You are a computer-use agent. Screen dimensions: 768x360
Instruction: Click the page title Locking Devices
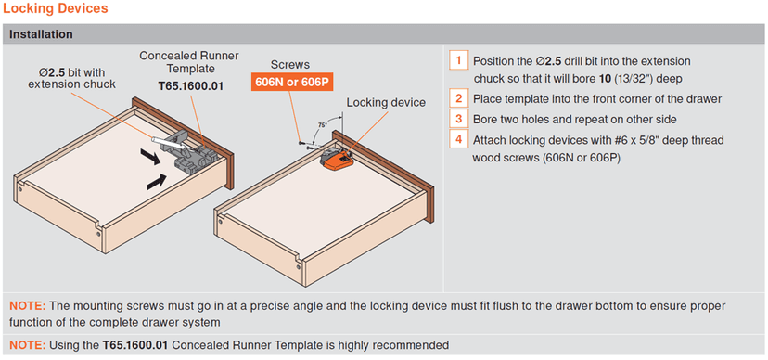56,9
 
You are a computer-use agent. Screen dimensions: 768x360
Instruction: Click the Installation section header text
41,34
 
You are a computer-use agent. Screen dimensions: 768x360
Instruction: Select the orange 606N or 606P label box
292,82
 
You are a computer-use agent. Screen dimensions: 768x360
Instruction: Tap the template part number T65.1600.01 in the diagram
190,86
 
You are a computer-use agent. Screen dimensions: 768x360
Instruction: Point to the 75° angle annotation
322,125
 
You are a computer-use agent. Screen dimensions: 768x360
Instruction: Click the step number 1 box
458,61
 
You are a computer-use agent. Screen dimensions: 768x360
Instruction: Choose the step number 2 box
458,98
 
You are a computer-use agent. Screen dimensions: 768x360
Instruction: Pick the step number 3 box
458,119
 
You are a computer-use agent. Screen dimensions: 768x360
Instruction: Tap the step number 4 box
458,139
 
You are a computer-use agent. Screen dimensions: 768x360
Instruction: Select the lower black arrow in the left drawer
156,183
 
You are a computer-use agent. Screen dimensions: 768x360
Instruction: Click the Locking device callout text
386,103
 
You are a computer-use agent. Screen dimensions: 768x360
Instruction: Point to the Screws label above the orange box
290,65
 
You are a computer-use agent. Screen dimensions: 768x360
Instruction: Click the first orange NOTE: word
28,306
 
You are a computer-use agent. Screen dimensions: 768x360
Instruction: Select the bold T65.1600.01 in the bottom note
135,345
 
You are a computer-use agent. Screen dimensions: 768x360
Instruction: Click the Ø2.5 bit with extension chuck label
72,78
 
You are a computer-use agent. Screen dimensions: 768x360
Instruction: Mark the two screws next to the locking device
304,144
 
